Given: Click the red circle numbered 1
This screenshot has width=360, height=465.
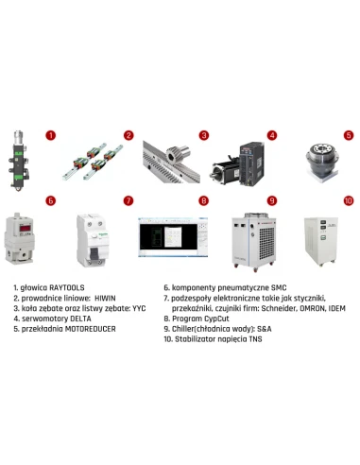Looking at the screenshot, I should (51, 135).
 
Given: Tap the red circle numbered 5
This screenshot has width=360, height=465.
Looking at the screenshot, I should (348, 135).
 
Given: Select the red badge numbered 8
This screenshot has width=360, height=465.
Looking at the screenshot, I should (203, 200).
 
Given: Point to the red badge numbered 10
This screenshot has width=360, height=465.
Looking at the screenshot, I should (348, 200).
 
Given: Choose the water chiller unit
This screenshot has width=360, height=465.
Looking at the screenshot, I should (247, 236).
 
